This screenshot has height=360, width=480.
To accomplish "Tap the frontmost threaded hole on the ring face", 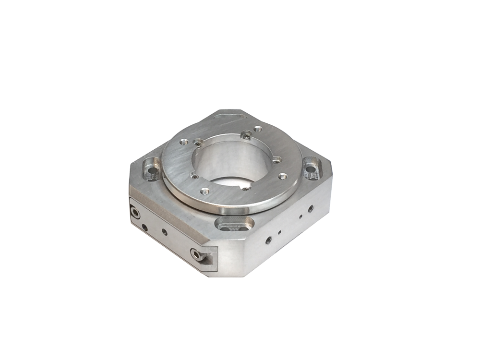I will click(205, 191).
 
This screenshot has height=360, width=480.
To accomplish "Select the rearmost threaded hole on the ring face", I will click(258, 128).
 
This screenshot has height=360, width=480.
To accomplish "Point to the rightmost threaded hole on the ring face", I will click(283, 177).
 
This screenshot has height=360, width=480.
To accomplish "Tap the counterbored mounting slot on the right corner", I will click(311, 169).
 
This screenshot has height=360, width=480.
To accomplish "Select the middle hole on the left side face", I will click(165, 232).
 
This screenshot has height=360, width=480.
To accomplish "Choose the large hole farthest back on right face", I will click(311, 208).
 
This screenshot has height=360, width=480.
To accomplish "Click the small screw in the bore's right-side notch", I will click(276, 162).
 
